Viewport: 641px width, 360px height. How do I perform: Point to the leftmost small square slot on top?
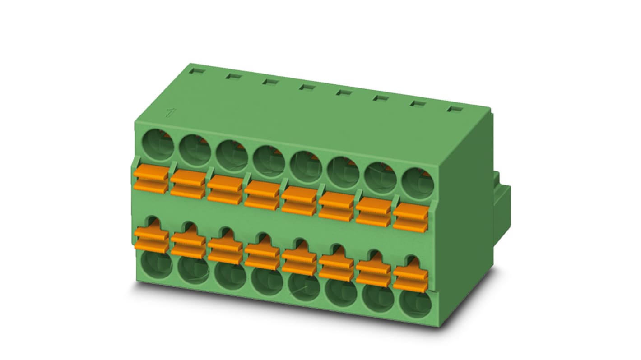[x=197, y=71]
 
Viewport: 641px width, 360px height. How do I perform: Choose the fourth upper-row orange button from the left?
[x=262, y=194]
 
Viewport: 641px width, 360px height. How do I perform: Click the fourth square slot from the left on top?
[x=307, y=87]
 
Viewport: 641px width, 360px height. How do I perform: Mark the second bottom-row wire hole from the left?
[x=193, y=271]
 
